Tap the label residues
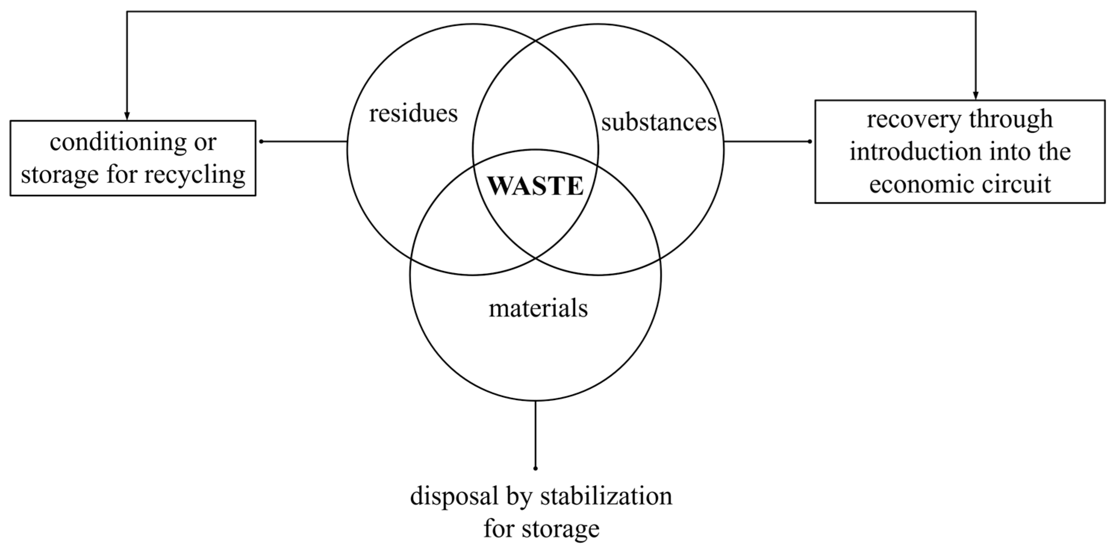point(413,114)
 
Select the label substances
point(659,123)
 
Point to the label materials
point(538,309)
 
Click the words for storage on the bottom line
point(541,529)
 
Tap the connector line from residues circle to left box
point(304,141)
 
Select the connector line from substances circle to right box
point(766,141)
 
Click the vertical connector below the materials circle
point(535,434)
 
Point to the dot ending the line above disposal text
point(535,468)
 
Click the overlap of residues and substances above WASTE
point(535,100)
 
